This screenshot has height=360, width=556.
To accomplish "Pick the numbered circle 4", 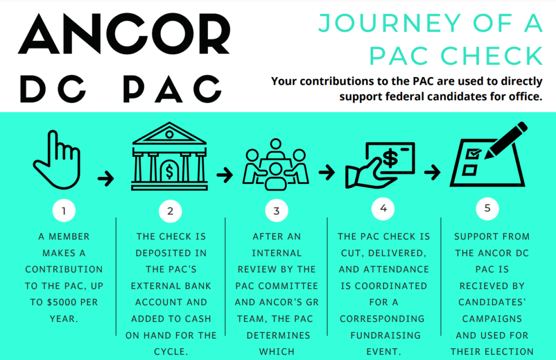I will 383,209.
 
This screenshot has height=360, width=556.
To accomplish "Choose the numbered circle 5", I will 487,209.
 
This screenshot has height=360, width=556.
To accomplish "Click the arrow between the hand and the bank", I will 106,178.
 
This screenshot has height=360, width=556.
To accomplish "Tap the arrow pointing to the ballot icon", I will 432,172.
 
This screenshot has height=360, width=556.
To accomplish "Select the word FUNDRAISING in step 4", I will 383,335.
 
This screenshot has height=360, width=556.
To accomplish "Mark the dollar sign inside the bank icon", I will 169,172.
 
